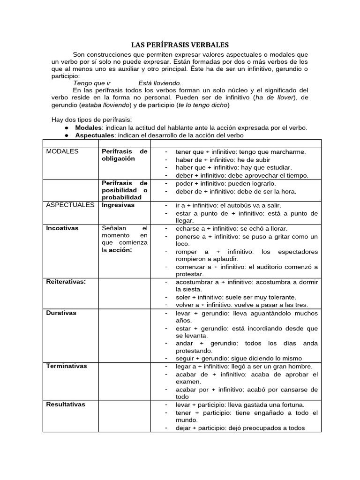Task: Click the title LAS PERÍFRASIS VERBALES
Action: coord(180,45)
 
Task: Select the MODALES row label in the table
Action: coord(62,151)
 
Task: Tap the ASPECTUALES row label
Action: coord(70,205)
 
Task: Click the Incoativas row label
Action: coord(62,228)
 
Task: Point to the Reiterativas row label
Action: coord(66,282)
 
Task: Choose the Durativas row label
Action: coord(61,313)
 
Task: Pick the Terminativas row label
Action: coord(66,366)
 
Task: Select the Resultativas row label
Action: coord(66,404)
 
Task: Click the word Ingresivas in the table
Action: coord(118,205)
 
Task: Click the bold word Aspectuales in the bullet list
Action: coord(95,135)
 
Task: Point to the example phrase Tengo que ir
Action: coord(92,83)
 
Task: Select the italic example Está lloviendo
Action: coord(160,83)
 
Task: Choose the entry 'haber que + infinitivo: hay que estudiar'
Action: coord(233,167)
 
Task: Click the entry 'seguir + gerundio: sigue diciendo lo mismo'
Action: coord(239,358)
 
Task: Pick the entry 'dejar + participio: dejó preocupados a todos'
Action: coord(240,427)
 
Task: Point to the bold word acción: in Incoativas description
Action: coord(120,250)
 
